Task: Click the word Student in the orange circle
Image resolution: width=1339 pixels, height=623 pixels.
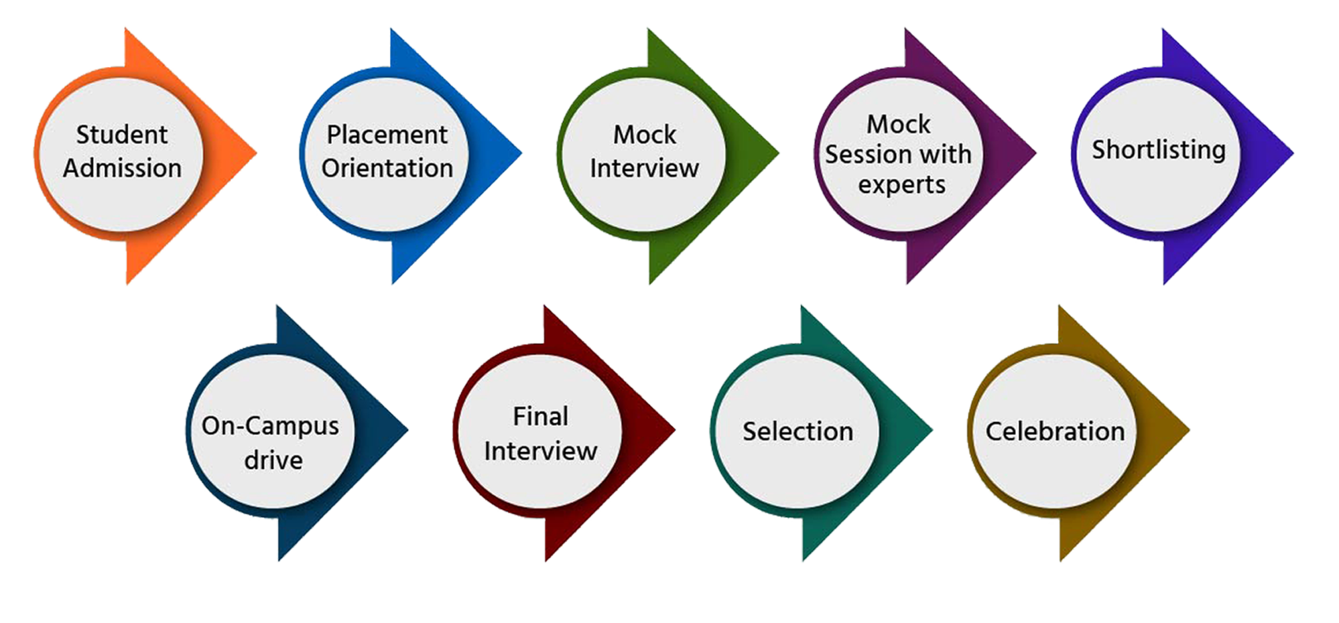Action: (x=121, y=135)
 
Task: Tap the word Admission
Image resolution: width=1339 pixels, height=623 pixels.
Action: (x=123, y=168)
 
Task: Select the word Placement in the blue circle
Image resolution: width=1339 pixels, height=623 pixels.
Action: (x=387, y=135)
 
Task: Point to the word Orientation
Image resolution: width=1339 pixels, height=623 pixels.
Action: (x=387, y=168)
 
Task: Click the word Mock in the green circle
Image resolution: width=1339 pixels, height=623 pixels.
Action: (x=645, y=135)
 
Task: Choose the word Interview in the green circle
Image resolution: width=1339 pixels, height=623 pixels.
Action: (x=645, y=168)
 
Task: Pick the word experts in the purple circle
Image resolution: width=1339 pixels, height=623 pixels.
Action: (x=901, y=185)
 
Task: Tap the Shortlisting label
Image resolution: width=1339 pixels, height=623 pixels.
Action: (x=1159, y=149)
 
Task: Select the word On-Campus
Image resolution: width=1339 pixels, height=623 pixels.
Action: (x=270, y=426)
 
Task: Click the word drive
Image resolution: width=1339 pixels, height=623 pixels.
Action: (x=273, y=460)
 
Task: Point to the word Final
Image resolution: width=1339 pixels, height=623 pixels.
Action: (x=541, y=417)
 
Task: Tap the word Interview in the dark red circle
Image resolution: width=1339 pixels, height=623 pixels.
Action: (x=541, y=452)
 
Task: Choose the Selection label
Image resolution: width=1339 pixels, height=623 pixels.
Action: (x=798, y=431)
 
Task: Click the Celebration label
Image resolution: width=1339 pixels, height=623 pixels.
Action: (x=1055, y=431)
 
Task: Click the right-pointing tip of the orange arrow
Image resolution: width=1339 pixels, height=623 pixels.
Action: (x=256, y=152)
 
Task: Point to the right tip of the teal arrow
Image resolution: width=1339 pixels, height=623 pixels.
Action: (x=932, y=429)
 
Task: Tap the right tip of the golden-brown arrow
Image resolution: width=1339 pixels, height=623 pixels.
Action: (x=1188, y=429)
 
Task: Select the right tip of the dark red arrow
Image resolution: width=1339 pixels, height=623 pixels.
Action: (x=674, y=429)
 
